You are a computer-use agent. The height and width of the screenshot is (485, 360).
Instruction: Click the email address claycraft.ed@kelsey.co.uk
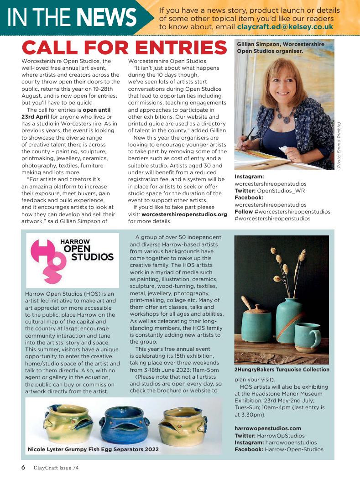[285, 27]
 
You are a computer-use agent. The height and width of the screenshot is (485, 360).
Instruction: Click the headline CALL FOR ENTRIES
[125, 48]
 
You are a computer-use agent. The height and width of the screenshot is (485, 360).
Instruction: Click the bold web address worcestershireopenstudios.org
[184, 214]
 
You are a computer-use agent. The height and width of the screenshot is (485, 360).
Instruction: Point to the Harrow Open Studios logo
[72, 260]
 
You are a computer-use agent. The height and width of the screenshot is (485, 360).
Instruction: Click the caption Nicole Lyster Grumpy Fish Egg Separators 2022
[94, 449]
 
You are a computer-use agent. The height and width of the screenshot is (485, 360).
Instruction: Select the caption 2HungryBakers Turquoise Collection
[282, 370]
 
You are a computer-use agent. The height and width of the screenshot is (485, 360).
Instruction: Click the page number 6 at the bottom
[23, 467]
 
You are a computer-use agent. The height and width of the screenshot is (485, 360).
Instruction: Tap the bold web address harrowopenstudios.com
[268, 428]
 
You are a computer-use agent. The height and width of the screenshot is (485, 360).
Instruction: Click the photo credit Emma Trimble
[339, 146]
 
